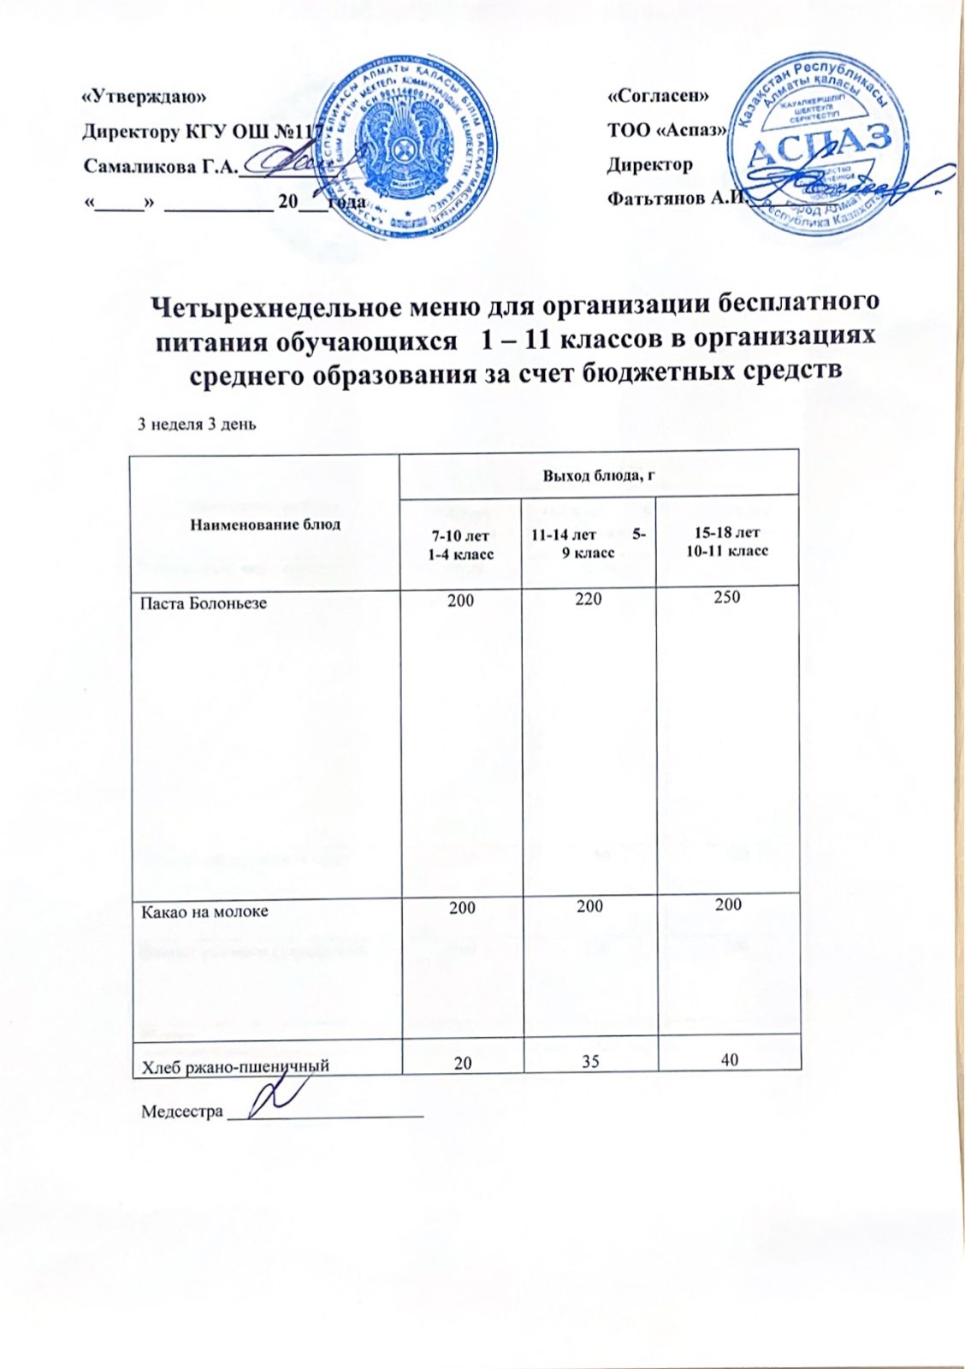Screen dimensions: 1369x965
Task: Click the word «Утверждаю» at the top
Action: point(144,98)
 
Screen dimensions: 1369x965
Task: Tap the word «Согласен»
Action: point(657,97)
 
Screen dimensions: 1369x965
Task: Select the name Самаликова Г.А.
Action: point(159,165)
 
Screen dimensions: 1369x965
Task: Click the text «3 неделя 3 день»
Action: point(198,424)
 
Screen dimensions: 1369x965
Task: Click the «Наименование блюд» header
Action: point(265,524)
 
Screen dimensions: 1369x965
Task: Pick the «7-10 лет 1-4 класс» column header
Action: point(461,546)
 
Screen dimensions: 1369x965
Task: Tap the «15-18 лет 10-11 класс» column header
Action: point(727,542)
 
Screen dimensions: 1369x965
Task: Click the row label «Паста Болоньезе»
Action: point(204,603)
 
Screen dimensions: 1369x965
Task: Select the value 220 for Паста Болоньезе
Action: point(589,600)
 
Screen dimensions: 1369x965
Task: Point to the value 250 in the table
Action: point(726,597)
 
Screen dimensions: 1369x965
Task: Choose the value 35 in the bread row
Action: point(589,1062)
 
